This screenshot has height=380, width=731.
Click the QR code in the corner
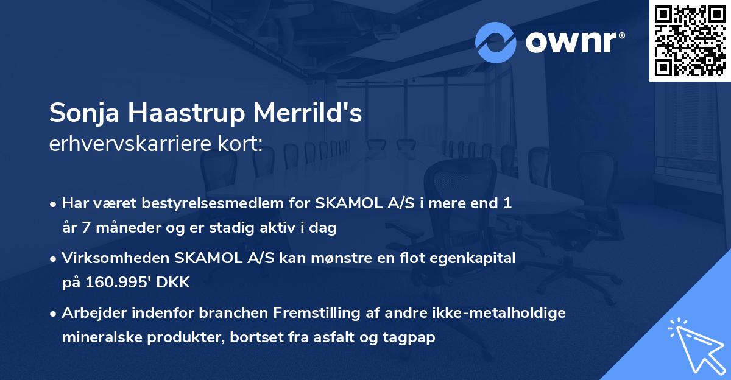(690, 41)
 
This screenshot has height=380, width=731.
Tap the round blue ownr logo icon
(496, 42)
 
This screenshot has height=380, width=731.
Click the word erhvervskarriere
(133, 144)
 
